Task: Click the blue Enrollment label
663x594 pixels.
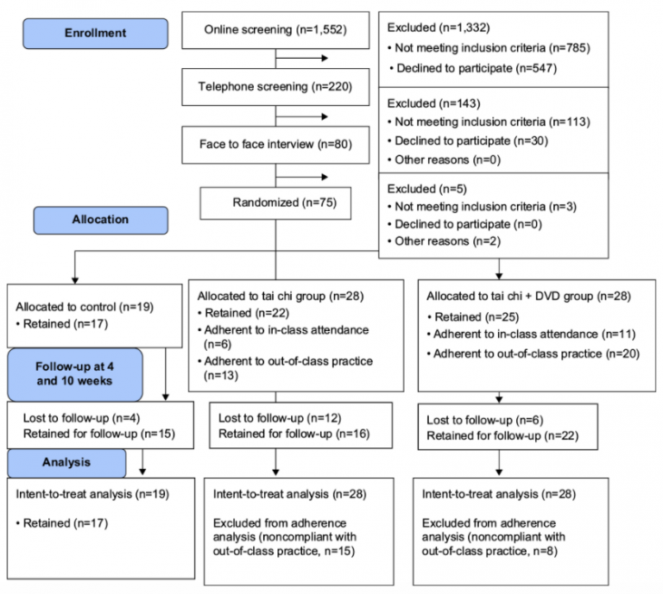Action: [95, 34]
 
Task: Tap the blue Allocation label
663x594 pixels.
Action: [101, 220]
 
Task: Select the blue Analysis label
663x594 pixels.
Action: [66, 463]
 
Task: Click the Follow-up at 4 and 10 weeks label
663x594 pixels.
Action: [75, 374]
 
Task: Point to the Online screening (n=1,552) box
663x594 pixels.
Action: [275, 30]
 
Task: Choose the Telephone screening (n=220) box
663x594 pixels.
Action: [275, 87]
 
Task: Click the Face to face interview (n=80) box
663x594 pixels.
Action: [275, 144]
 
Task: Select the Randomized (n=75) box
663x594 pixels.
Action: [275, 203]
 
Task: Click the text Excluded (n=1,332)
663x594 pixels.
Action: [439, 28]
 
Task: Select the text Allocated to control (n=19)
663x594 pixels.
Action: [85, 307]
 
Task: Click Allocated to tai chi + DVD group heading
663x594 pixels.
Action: [528, 297]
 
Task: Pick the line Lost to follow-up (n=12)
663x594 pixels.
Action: [280, 418]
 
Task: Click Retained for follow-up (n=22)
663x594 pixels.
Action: [502, 435]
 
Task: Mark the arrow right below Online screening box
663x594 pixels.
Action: [302, 59]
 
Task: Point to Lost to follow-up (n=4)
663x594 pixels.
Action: [81, 418]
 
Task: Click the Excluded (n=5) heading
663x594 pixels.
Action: [427, 189]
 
